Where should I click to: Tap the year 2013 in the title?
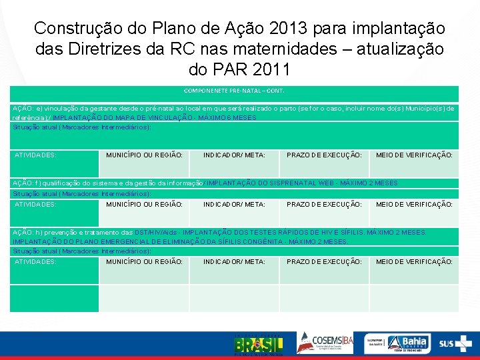pyautogui.click(x=291, y=29)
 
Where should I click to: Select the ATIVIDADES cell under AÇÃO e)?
pyautogui.click(x=36, y=155)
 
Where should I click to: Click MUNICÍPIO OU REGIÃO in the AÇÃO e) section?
pyautogui.click(x=144, y=155)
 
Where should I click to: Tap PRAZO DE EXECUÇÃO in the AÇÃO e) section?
pyautogui.click(x=324, y=155)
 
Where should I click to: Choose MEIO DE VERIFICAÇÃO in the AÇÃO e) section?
pyautogui.click(x=414, y=155)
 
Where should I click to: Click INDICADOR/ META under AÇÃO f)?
pyautogui.click(x=234, y=205)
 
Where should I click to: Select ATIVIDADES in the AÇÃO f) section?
pyautogui.click(x=36, y=205)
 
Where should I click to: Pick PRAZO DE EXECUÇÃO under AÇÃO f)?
pyautogui.click(x=324, y=205)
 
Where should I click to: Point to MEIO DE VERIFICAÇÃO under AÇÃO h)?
pyautogui.click(x=414, y=262)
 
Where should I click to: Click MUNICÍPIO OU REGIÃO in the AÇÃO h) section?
pyautogui.click(x=144, y=262)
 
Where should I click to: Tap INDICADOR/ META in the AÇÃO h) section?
pyautogui.click(x=234, y=262)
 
